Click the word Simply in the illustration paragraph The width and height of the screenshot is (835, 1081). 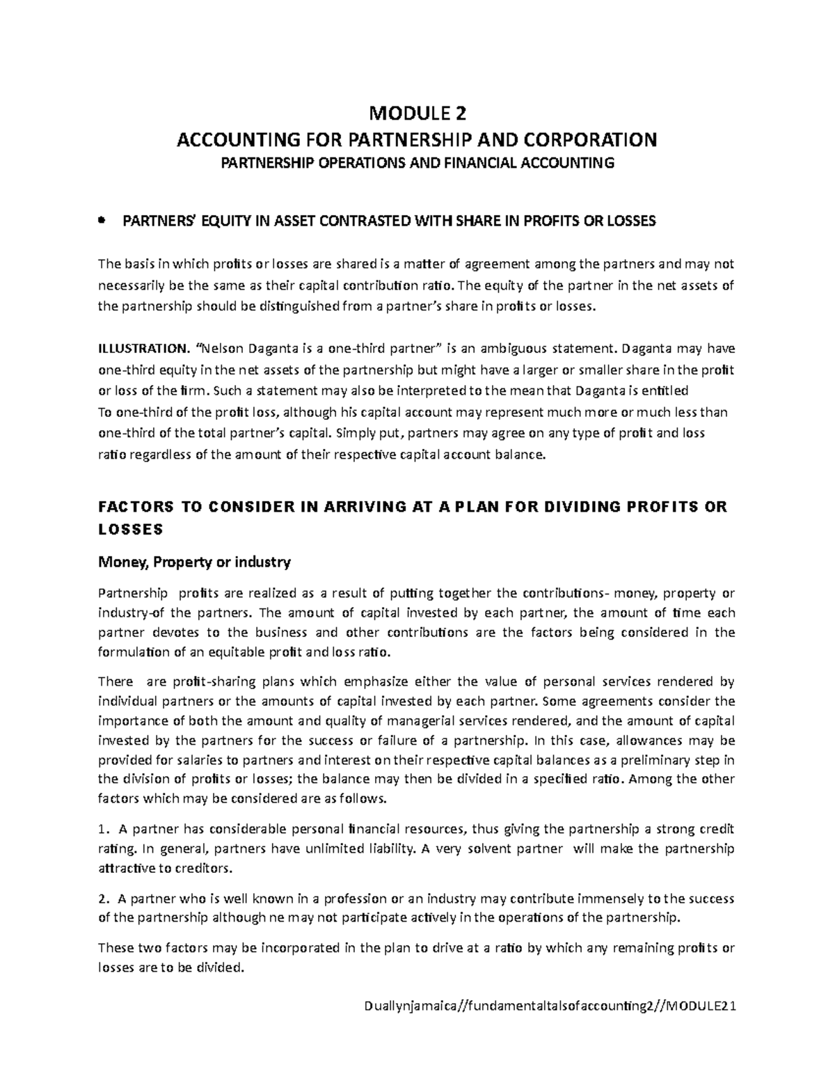coord(356,433)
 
